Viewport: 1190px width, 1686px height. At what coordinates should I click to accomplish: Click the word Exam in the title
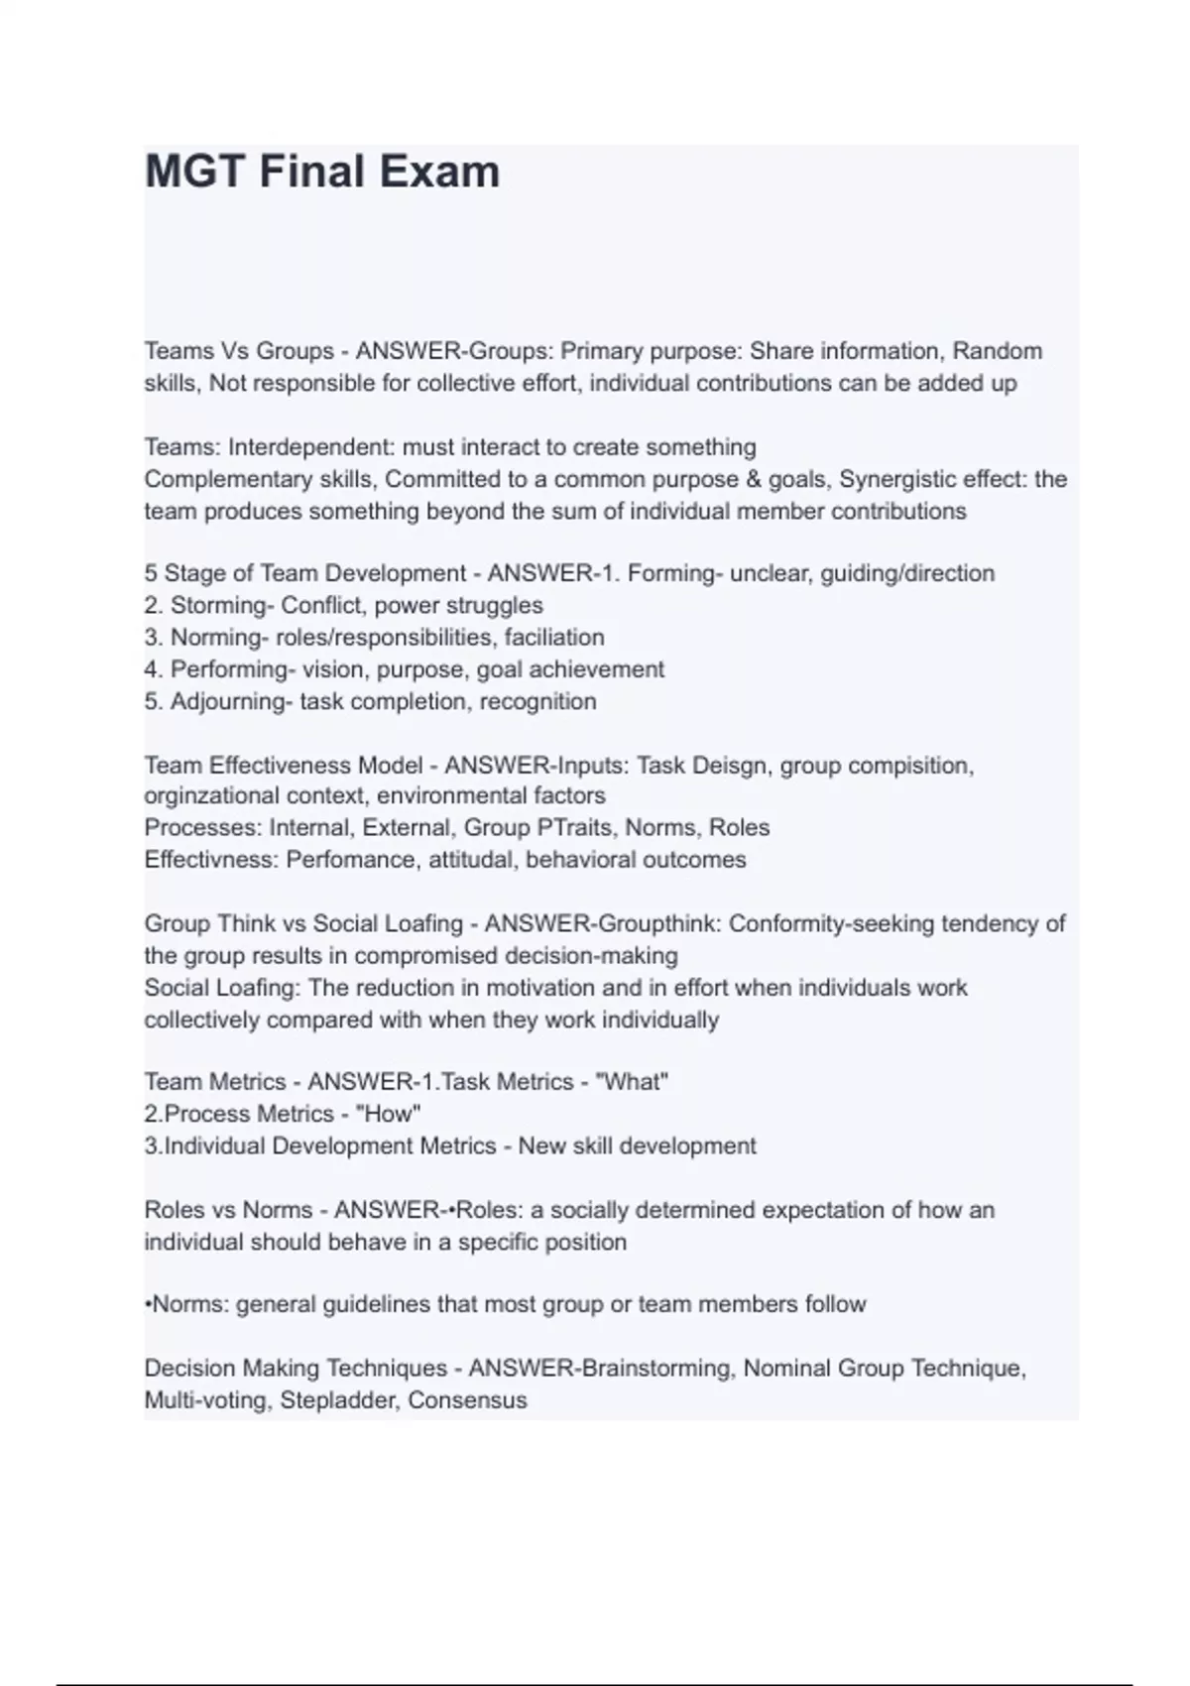point(440,172)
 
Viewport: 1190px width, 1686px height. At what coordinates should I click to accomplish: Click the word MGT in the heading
point(195,172)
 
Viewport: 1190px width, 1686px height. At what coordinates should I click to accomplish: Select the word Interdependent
point(309,447)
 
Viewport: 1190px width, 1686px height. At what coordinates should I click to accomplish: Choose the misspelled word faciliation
point(554,637)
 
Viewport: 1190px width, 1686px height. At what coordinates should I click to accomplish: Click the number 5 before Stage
point(151,573)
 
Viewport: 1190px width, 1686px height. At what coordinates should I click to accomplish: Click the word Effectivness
point(209,859)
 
